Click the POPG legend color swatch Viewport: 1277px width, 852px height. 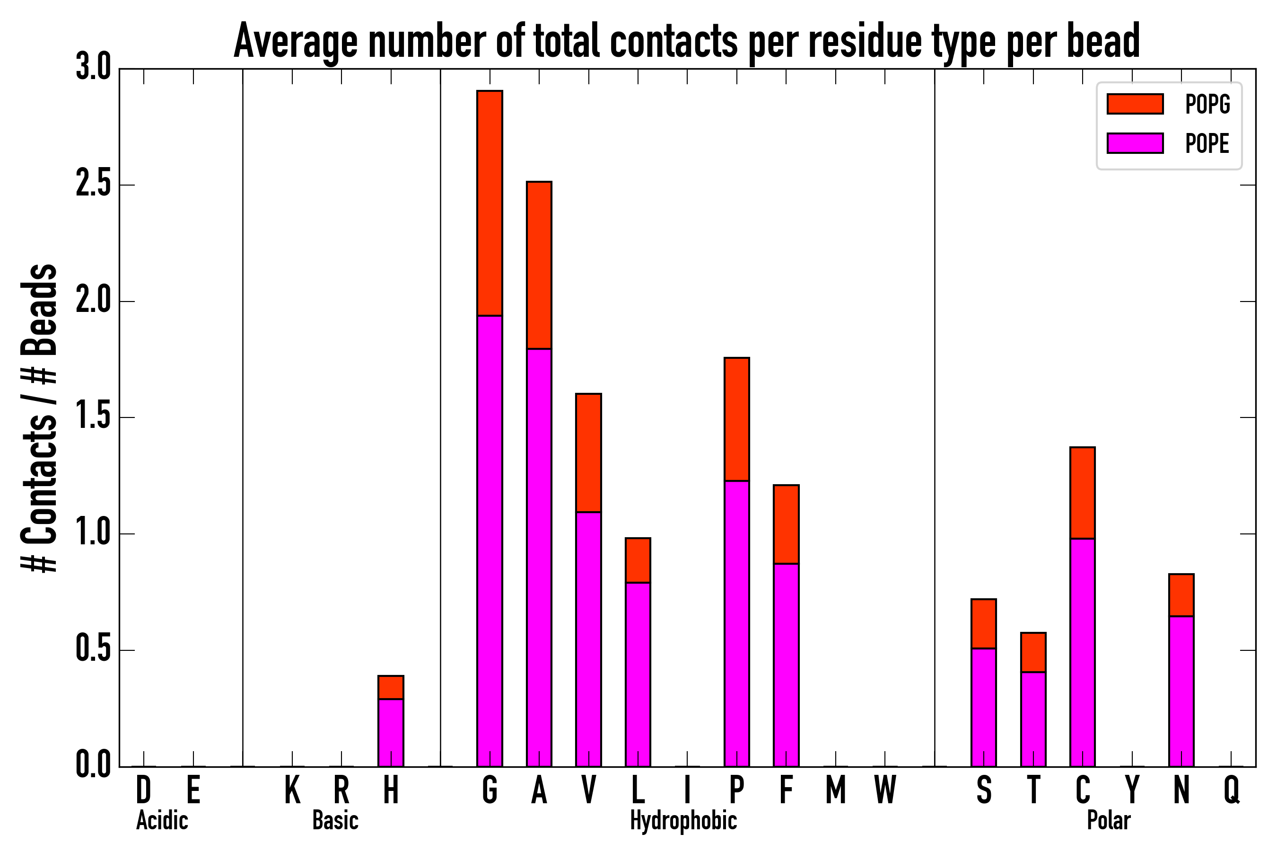click(1135, 104)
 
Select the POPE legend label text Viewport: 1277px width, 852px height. click(1207, 143)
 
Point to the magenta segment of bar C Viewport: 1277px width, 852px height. click(1082, 652)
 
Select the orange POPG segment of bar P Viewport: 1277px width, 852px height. click(736, 419)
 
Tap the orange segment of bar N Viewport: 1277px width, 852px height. click(1181, 595)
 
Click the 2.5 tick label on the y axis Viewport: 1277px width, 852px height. click(93, 185)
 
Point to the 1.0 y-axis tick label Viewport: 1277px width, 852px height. click(93, 534)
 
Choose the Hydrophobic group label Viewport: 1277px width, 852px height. click(683, 820)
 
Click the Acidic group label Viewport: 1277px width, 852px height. click(162, 820)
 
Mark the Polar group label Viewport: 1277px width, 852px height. click(1108, 820)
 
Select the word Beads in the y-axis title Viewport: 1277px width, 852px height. click(39, 310)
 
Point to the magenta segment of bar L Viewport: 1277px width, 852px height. click(638, 674)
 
